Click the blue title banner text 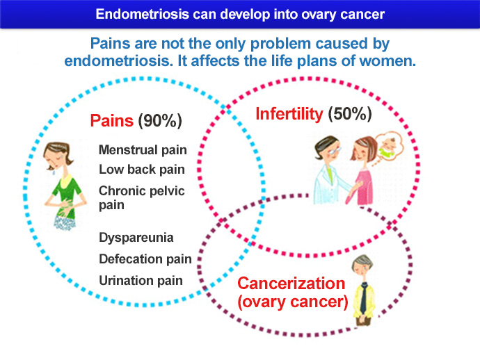(x=240, y=15)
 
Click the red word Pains (x=112, y=120)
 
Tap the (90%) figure (x=160, y=121)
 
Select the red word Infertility (x=289, y=114)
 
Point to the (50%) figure (x=350, y=114)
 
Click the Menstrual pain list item (x=143, y=150)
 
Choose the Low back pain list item (x=142, y=169)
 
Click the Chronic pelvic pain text (x=142, y=197)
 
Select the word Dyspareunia (x=136, y=238)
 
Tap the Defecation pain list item (x=145, y=259)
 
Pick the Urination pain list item (x=141, y=281)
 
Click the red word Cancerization (x=291, y=284)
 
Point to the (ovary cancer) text (x=293, y=302)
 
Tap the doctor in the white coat (x=330, y=170)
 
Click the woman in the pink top (x=362, y=171)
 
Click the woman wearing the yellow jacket (x=364, y=291)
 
